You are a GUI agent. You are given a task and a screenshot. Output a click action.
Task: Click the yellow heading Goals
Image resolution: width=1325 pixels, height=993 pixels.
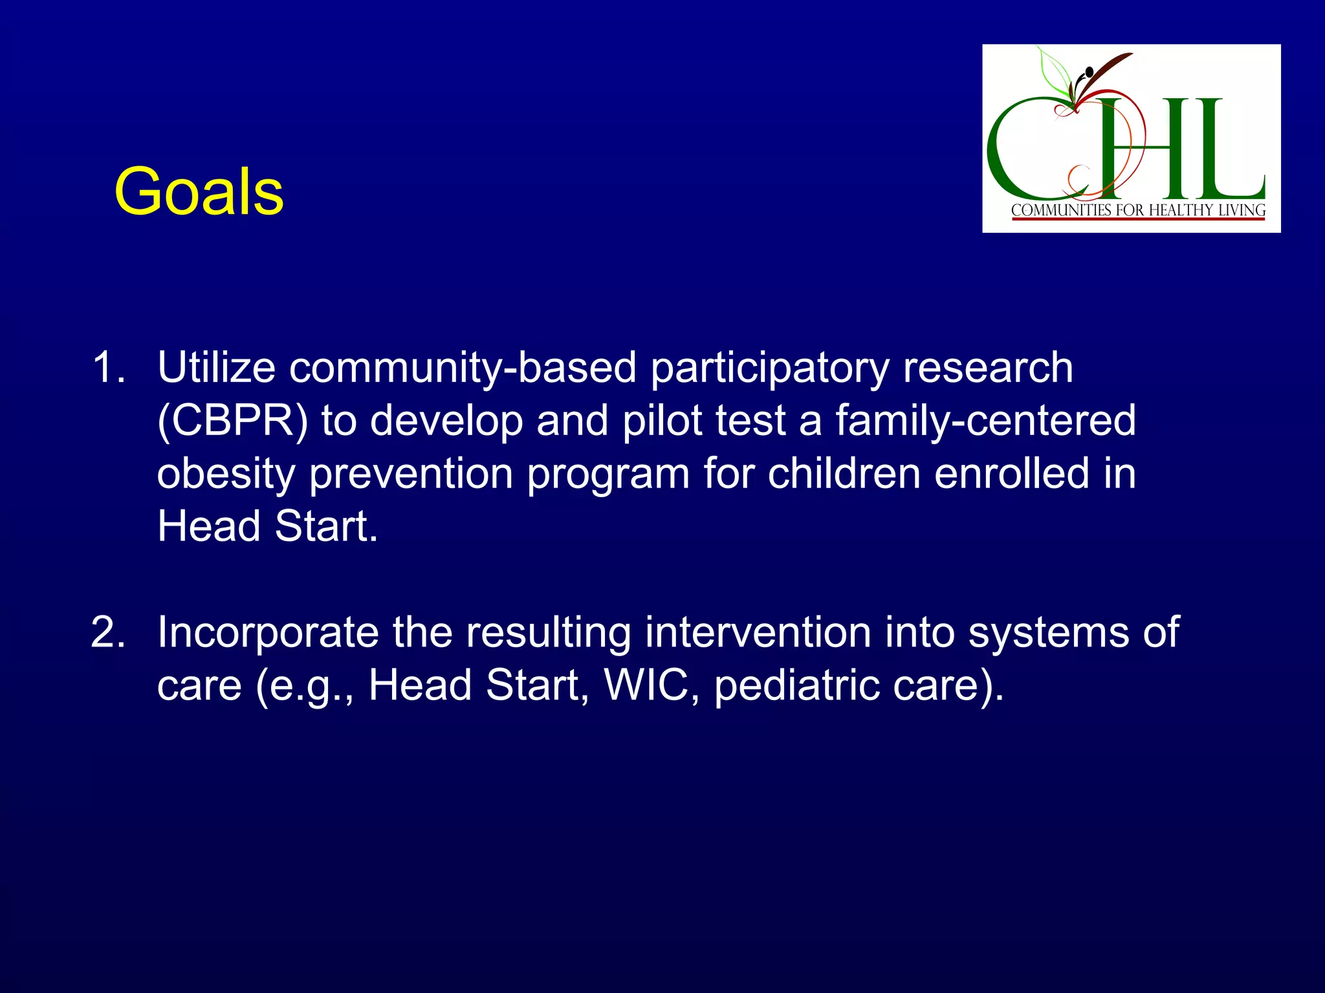point(199,192)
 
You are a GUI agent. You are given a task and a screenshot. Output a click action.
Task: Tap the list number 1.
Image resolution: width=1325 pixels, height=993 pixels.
point(108,367)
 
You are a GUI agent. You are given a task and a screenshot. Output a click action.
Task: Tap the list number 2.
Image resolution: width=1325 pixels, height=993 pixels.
point(108,632)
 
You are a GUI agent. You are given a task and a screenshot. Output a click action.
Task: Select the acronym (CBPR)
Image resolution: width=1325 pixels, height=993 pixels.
point(232,421)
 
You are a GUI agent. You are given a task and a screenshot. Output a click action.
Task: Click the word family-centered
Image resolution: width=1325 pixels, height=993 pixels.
point(985,421)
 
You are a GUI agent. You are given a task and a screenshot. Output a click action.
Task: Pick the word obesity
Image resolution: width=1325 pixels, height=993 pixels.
point(226,475)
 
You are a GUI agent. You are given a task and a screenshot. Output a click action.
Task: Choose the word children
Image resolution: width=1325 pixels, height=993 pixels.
point(844,473)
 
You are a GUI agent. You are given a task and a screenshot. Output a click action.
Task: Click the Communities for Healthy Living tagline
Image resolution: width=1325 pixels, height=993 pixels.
point(1138,210)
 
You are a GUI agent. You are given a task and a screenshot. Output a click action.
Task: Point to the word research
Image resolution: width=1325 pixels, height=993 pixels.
point(987,367)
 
